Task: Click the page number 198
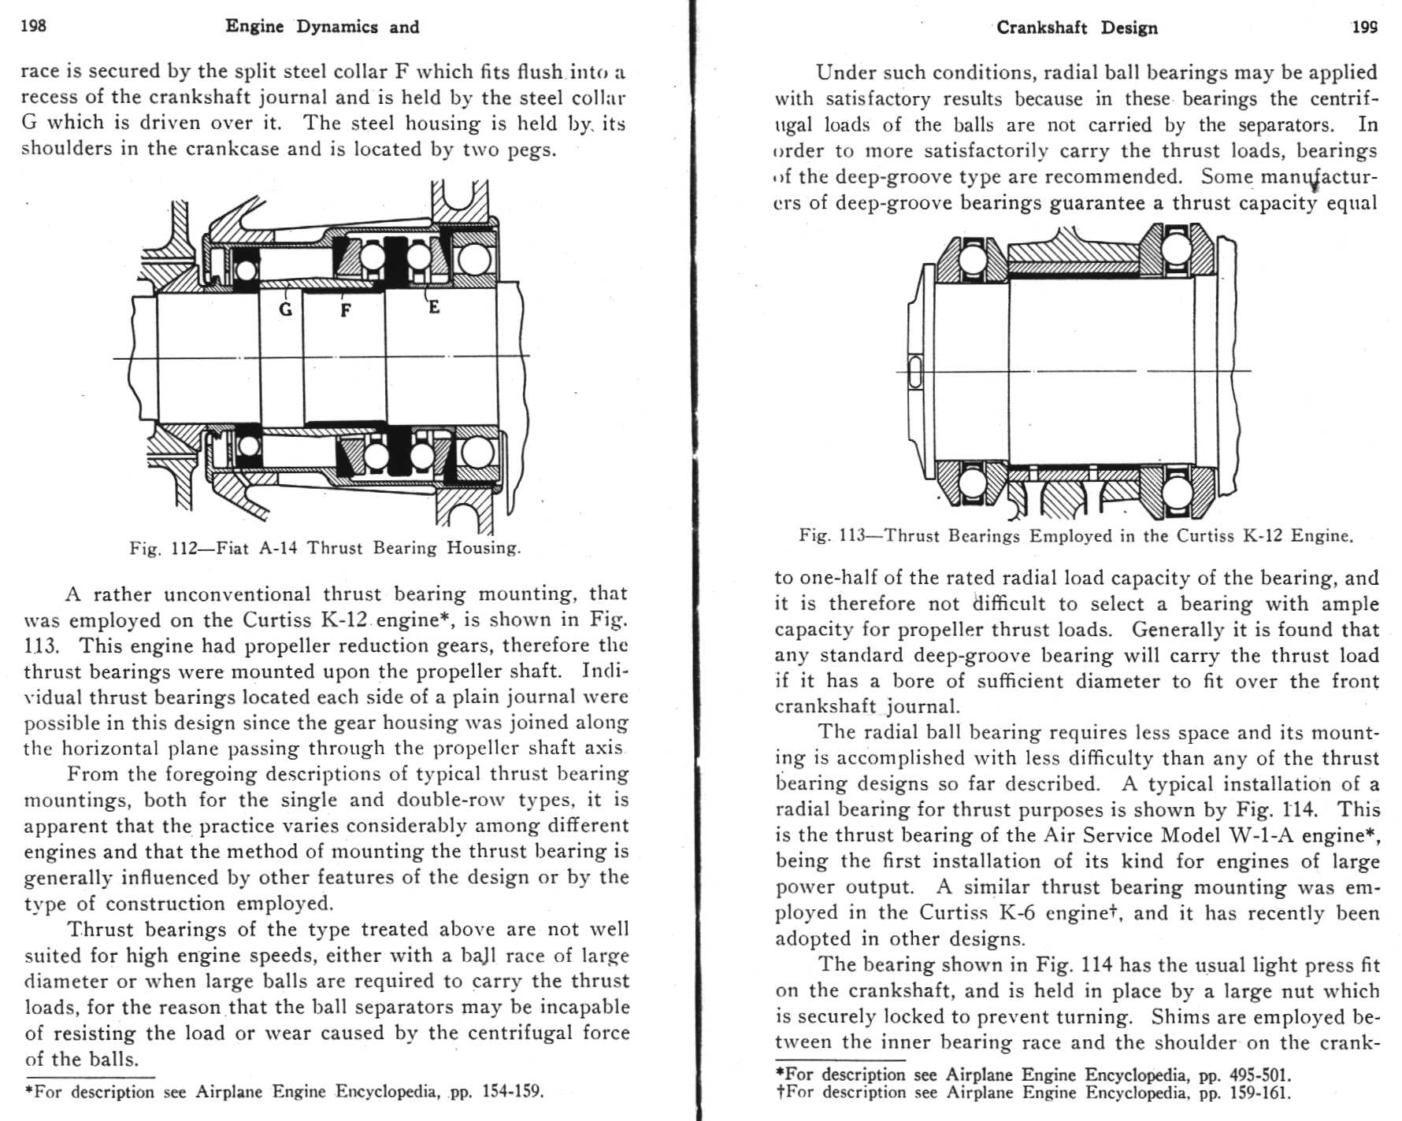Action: click(33, 26)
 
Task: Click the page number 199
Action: click(1365, 28)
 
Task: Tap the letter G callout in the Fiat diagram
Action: click(286, 309)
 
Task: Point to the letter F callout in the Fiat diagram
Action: click(345, 311)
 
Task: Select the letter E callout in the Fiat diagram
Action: click(434, 307)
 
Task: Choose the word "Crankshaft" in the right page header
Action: click(1042, 28)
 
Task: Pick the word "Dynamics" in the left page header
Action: click(337, 27)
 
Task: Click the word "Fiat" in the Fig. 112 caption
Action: click(232, 548)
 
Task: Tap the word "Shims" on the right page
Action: click(1174, 1017)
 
